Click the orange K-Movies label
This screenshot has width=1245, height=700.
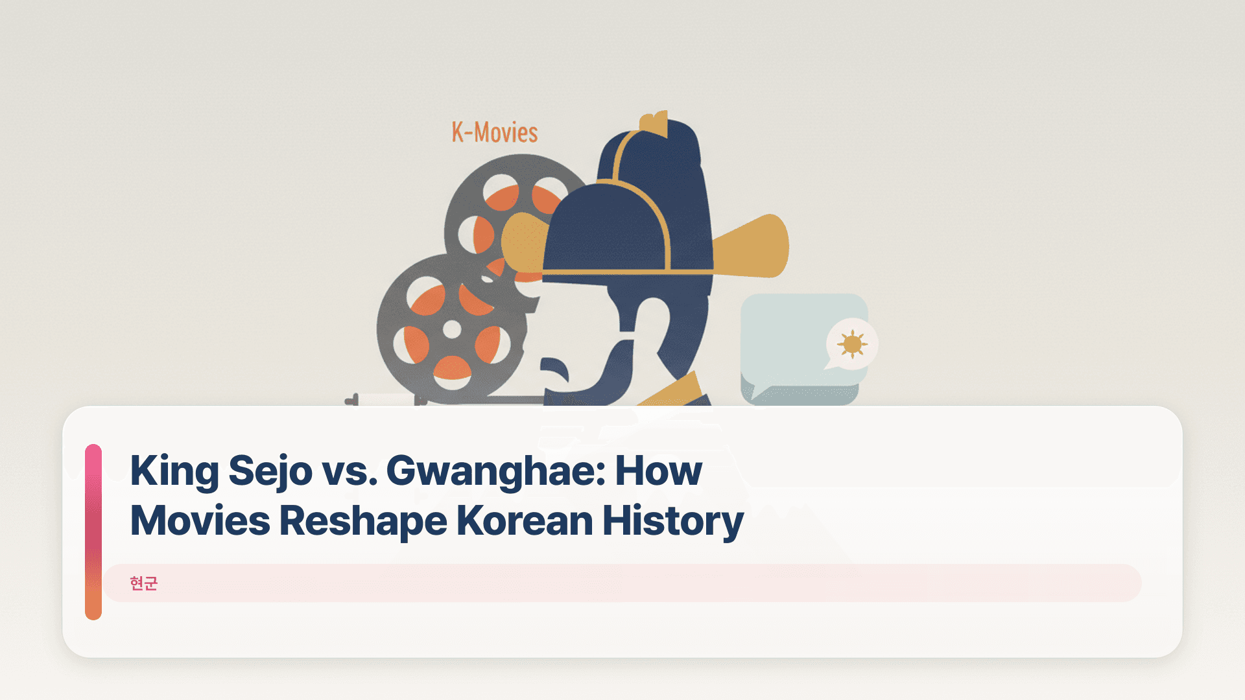[495, 133]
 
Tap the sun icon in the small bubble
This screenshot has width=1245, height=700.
[852, 344]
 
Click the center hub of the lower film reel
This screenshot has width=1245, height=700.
[452, 330]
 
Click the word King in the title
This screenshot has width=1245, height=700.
[174, 471]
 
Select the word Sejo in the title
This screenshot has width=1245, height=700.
[270, 471]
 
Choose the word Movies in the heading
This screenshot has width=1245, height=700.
[200, 520]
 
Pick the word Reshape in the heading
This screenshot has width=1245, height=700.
[363, 520]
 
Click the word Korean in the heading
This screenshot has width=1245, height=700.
[525, 520]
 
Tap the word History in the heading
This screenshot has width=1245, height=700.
[672, 520]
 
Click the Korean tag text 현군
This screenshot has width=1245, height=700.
[143, 583]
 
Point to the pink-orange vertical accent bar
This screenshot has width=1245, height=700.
[93, 531]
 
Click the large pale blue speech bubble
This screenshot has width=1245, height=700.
[785, 344]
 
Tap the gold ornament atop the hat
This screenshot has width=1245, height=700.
[654, 123]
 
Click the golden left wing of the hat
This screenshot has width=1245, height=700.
[523, 243]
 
